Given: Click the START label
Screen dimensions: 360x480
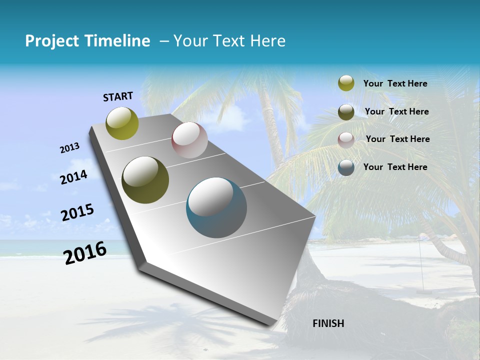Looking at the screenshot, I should point(118,96).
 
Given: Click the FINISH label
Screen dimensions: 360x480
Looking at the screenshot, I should point(328,323).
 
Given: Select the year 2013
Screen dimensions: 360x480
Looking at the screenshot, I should point(70,148).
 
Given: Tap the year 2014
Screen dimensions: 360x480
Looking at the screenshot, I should point(73,177).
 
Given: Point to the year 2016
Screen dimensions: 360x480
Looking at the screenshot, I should point(85,253).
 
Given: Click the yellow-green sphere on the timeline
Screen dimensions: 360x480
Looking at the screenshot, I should point(122,123).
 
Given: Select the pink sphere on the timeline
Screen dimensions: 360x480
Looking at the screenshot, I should point(189,140).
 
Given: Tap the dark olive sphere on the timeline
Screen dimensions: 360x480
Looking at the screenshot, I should point(145,180).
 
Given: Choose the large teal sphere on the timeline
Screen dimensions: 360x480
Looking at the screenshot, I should point(216,207).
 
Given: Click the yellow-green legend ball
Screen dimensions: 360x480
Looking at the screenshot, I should point(346,83).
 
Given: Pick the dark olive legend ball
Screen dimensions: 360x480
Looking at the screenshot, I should point(346,112).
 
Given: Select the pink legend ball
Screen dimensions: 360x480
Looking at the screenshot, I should point(346,139).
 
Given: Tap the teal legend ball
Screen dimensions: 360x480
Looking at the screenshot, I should point(346,167).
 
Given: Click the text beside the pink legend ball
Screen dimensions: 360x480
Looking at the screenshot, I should point(397,139).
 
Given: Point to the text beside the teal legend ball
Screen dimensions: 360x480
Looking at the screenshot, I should point(395,167).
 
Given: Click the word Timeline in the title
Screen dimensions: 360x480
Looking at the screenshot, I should point(117,41).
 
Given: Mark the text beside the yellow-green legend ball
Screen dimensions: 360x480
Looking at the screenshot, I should point(395,83).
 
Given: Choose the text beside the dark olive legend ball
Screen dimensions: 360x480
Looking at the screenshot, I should point(396,111).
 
